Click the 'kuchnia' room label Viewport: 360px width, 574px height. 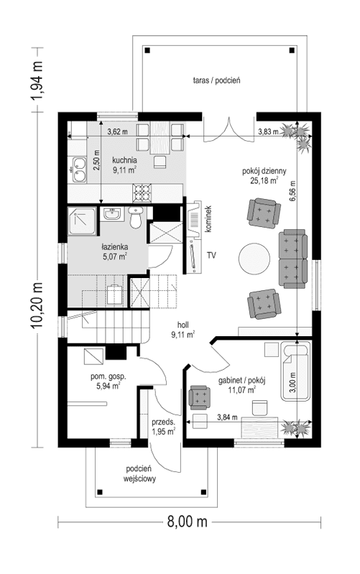point(126,160)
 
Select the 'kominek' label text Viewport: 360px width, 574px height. point(206,218)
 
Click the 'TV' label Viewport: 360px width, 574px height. point(212,255)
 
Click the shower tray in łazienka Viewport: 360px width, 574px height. point(83,223)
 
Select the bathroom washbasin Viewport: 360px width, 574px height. point(111,215)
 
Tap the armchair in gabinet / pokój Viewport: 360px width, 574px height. point(198,397)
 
